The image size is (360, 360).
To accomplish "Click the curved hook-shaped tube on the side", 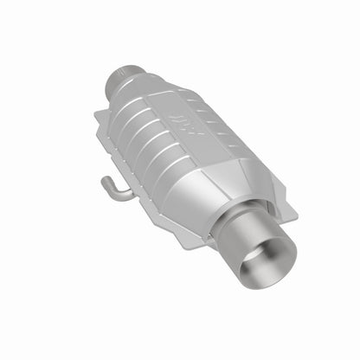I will click(112, 189).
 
